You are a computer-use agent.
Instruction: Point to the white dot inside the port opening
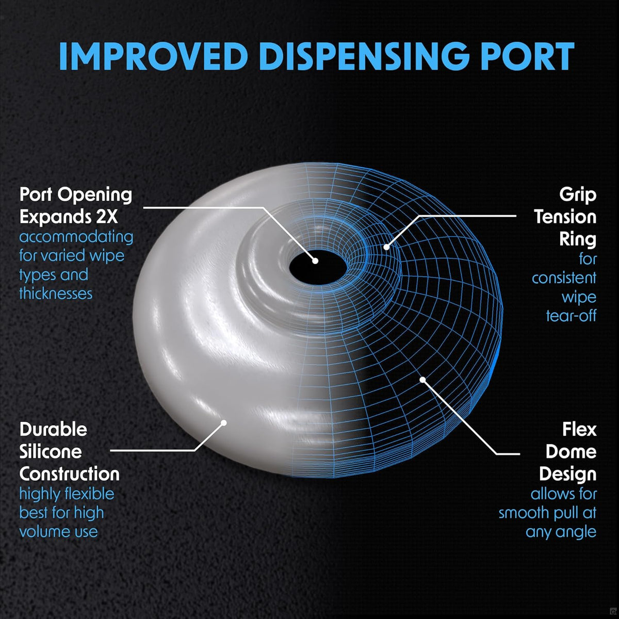click(315, 261)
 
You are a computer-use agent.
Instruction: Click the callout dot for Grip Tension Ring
click(386, 247)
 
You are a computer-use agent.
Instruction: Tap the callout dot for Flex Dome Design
click(423, 380)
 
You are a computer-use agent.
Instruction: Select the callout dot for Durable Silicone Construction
click(224, 422)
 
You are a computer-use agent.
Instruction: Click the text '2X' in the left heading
click(107, 217)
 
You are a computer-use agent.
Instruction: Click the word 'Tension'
click(565, 217)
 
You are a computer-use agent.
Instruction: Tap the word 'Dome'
click(571, 452)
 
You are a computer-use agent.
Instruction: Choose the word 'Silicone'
click(51, 452)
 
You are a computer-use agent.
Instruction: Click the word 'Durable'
click(53, 430)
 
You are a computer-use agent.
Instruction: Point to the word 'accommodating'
click(76, 237)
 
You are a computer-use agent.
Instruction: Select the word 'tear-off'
click(571, 316)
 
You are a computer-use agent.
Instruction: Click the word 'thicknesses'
click(56, 294)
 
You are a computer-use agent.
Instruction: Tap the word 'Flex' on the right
click(579, 430)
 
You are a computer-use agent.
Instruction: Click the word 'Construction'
click(70, 474)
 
